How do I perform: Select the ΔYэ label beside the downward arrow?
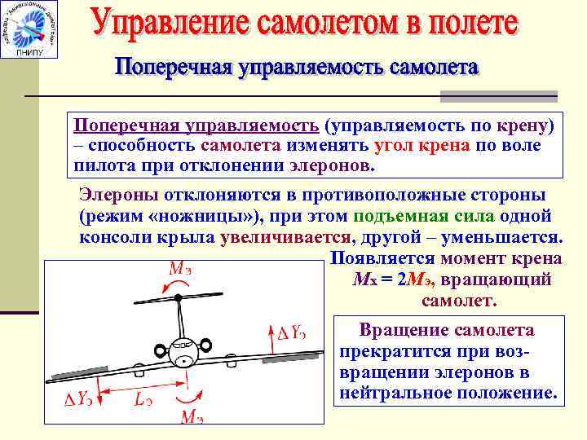click(x=78, y=399)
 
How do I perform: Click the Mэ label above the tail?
click(x=180, y=266)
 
